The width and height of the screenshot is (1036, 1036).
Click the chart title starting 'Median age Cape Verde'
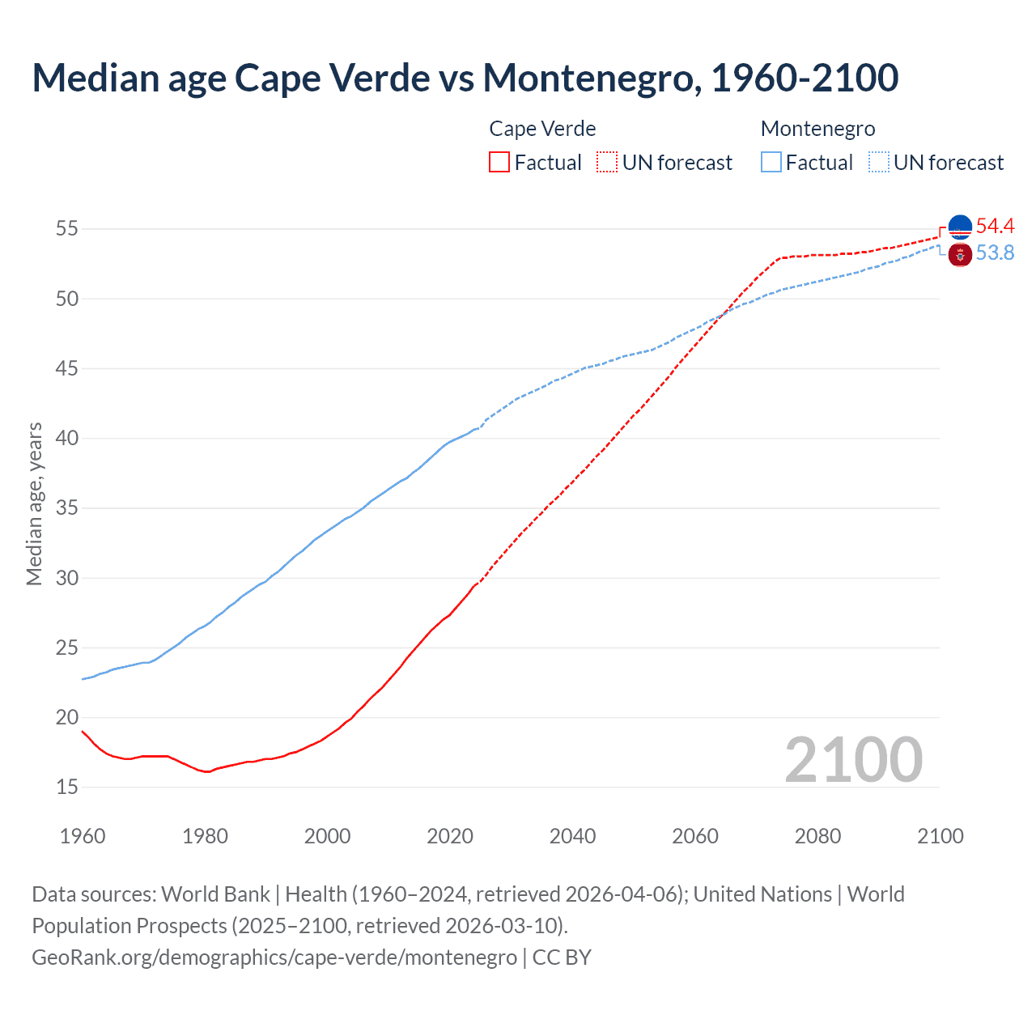tap(465, 78)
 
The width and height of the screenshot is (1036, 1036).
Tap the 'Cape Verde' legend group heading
tap(542, 129)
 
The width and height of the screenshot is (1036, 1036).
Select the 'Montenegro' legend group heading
tap(817, 129)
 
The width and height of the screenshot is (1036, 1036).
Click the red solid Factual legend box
tap(499, 163)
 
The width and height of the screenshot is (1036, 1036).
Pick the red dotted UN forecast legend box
tap(607, 163)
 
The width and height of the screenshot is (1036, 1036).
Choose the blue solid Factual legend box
tap(771, 163)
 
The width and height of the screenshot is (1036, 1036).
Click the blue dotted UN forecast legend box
tap(879, 163)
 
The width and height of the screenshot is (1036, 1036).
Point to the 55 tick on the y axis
tap(67, 229)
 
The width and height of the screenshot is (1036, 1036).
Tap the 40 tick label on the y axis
tap(67, 439)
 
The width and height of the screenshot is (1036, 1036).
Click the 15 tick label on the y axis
tap(67, 788)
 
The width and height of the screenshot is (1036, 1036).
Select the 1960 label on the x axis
tap(83, 836)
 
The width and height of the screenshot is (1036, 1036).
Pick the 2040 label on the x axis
tap(572, 836)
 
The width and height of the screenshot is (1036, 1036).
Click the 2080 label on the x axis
tap(817, 836)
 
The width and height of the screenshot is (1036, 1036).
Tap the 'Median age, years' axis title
tap(34, 503)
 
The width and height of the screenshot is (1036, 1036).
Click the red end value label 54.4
tap(995, 227)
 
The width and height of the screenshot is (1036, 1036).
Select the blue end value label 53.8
tap(995, 253)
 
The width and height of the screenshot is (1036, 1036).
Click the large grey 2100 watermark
tap(853, 759)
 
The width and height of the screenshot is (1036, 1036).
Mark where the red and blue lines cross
tap(722, 314)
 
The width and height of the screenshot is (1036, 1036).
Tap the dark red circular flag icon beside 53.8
tap(960, 255)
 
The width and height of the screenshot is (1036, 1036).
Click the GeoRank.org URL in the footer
tap(274, 957)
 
